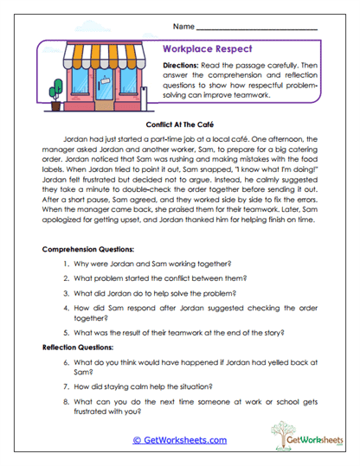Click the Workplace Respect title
pyautogui.click(x=202, y=50)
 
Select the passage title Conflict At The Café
pyautogui.click(x=179, y=124)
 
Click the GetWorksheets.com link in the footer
pyautogui.click(x=180, y=439)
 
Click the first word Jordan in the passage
pyautogui.click(x=75, y=138)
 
